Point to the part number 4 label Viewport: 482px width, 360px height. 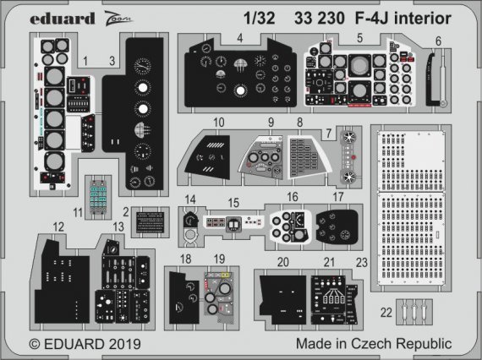(x=240, y=37)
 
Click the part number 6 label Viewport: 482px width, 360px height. (x=438, y=41)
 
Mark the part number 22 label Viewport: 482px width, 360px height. (x=386, y=313)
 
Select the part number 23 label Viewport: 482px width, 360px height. (x=363, y=262)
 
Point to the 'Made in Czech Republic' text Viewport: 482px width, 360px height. (x=374, y=345)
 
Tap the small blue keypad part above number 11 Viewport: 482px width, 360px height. (x=111, y=193)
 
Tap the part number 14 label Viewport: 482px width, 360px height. (x=192, y=199)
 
